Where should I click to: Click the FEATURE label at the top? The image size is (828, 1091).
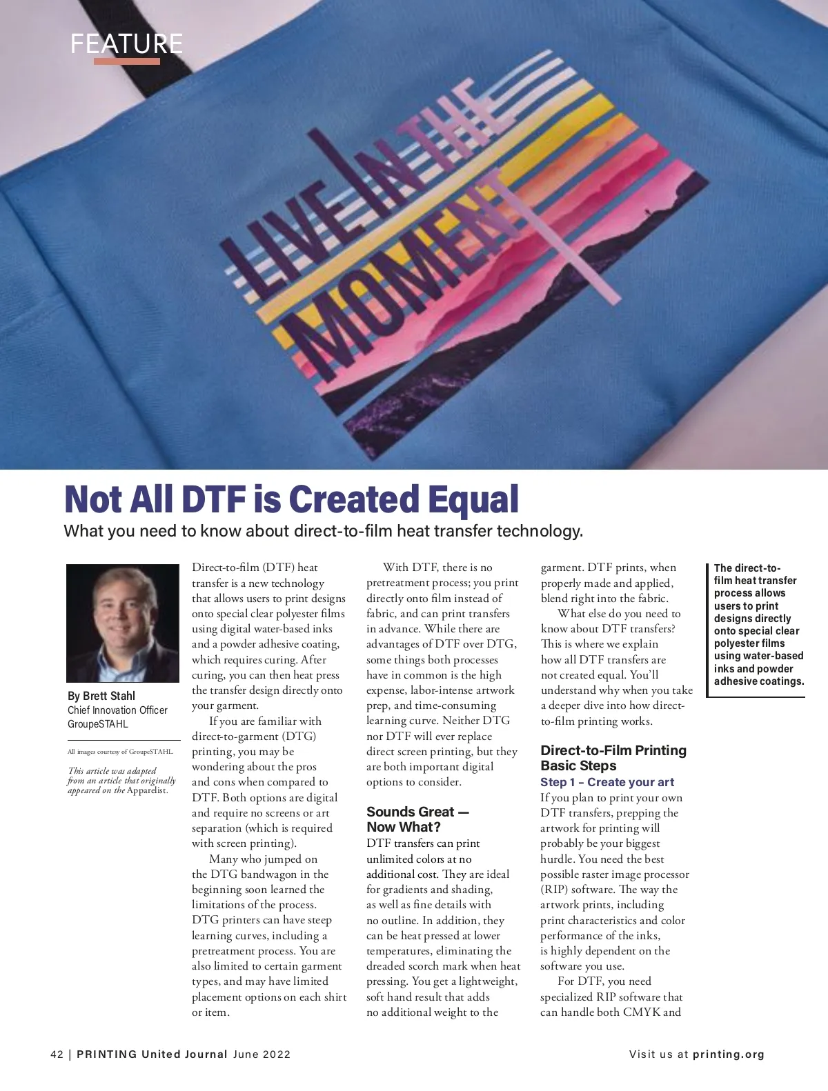click(x=127, y=43)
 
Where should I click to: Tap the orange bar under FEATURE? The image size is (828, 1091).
click(x=127, y=61)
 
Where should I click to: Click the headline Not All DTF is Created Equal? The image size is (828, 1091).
click(x=291, y=499)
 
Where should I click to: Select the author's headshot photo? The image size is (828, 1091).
click(x=123, y=623)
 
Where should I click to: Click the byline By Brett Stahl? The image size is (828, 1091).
click(x=101, y=695)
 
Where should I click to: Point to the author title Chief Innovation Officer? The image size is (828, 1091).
click(x=117, y=710)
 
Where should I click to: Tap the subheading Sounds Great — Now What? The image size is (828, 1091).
click(x=417, y=819)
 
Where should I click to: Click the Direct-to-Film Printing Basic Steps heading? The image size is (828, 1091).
click(x=613, y=758)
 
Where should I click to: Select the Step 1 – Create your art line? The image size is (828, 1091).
click(x=607, y=782)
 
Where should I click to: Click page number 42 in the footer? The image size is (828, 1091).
click(x=57, y=1054)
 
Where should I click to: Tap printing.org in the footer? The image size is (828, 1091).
click(x=728, y=1054)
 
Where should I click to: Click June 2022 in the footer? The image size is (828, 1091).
click(x=262, y=1054)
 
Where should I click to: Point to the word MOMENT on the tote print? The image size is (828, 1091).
click(x=400, y=276)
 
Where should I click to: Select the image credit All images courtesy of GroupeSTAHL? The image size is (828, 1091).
click(x=120, y=752)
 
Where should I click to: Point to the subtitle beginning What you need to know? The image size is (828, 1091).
click(x=323, y=532)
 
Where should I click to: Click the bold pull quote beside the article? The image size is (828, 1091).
click(x=758, y=625)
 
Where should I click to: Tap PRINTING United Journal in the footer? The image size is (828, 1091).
click(x=152, y=1054)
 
